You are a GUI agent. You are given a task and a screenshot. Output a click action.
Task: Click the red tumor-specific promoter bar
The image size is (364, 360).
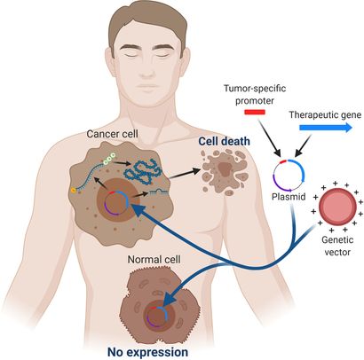point(254,113)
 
